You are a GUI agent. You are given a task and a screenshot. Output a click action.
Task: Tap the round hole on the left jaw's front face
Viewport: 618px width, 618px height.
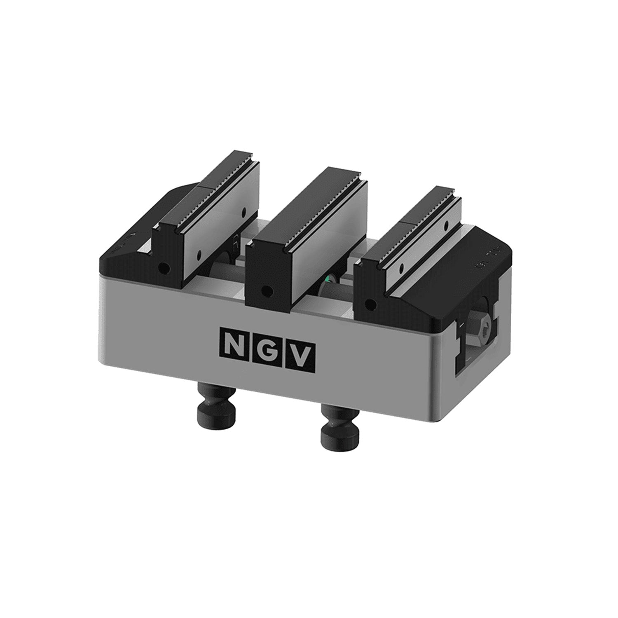pos(165,269)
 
